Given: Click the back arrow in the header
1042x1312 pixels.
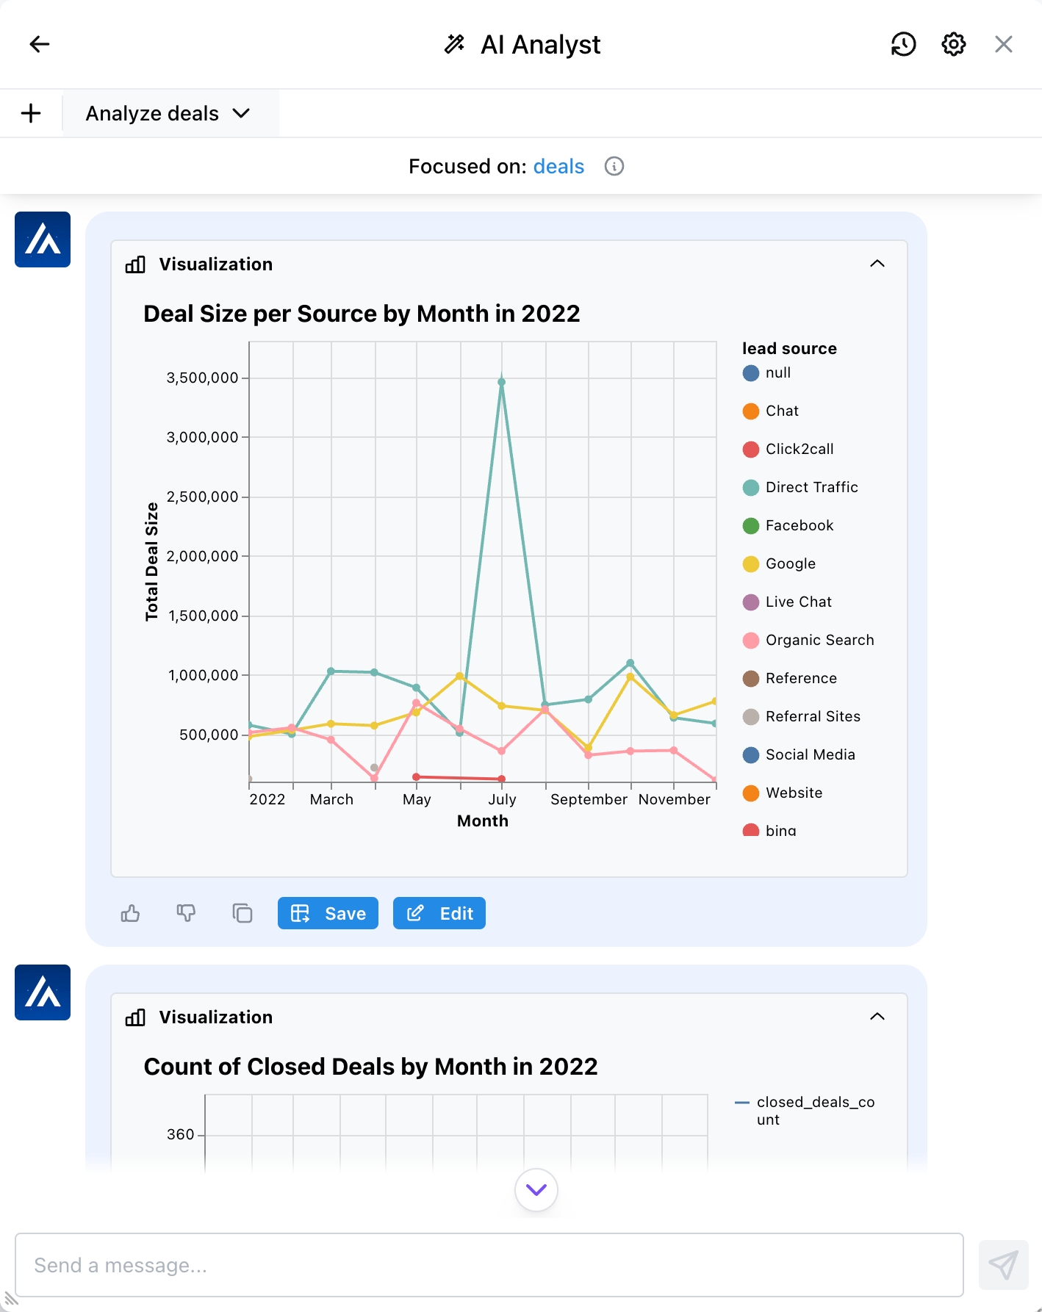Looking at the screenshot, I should pos(40,44).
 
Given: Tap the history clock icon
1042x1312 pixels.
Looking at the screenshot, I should pos(903,44).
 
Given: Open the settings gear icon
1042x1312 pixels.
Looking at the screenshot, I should pos(953,44).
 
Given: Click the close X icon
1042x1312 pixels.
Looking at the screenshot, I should pos(1003,44).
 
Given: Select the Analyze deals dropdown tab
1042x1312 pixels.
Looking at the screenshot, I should pos(168,114).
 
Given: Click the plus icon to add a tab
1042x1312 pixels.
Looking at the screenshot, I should pos(31,114).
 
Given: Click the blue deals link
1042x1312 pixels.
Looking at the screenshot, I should pos(558,167).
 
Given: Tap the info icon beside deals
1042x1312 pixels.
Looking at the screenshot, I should pos(614,167).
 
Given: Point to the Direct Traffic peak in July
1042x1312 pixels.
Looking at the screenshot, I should pos(502,382).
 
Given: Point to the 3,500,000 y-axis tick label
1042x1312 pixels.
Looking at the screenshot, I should pos(202,378).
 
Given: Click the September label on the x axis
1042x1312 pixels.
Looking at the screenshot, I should pos(589,799).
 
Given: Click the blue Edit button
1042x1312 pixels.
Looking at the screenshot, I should pos(439,913).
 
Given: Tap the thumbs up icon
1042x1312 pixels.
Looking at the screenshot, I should pos(130,913).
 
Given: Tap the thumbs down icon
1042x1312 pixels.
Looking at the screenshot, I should pos(186,913).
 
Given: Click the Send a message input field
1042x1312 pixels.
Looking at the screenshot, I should pos(489,1265).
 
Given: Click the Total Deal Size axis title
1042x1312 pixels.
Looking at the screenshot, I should pos(152,562).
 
